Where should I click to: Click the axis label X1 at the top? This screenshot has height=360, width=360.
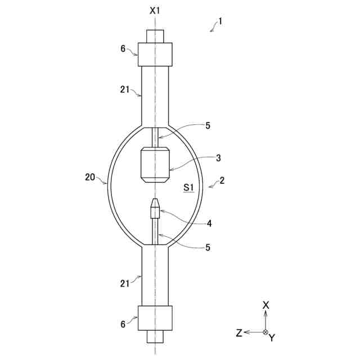(x=155, y=11)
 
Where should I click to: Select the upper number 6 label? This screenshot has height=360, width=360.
(x=123, y=48)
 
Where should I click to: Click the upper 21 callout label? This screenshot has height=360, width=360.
(x=125, y=89)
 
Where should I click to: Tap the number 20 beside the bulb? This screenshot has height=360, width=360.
(x=90, y=177)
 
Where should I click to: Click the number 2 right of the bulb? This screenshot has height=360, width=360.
(x=222, y=181)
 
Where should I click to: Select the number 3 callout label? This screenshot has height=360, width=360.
(x=218, y=158)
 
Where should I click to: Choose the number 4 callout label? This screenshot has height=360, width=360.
(x=209, y=223)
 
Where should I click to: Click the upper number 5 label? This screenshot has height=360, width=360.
(x=208, y=126)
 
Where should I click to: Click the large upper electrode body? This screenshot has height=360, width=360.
(x=155, y=164)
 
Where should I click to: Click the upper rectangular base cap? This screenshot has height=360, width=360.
(x=155, y=54)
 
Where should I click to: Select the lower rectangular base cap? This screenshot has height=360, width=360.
(x=155, y=318)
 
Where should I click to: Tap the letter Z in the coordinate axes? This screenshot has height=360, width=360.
(x=239, y=333)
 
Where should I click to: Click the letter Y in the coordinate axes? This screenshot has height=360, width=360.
(x=272, y=338)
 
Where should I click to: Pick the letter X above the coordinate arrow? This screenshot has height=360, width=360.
(x=266, y=305)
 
